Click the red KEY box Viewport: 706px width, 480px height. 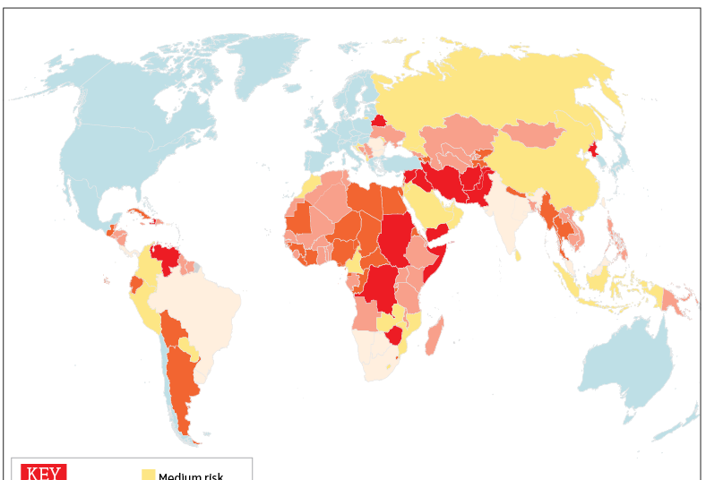tap(44, 471)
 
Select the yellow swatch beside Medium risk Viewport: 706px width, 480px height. tap(149, 474)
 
